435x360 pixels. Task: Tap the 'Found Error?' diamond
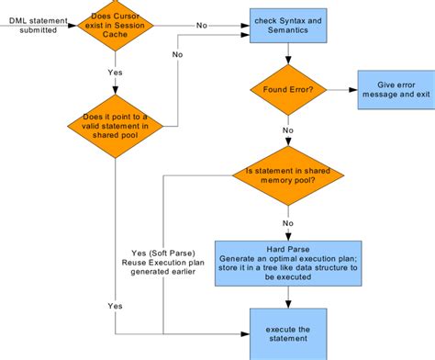click(288, 90)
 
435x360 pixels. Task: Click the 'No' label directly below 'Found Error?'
click(288, 130)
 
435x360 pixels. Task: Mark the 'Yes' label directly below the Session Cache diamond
click(114, 72)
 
